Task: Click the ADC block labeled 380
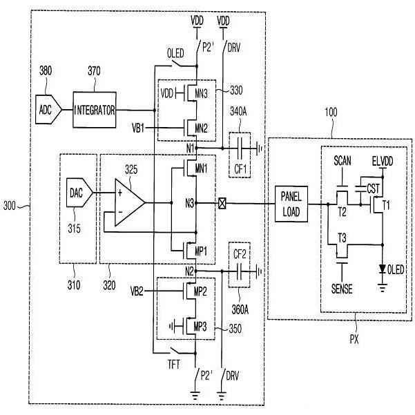coord(48,110)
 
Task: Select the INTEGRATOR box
coord(95,110)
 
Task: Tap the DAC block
coord(79,193)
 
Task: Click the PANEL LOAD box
coord(291,204)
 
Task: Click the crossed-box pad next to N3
coord(222,204)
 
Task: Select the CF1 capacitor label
coord(240,168)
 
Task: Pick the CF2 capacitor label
coord(240,254)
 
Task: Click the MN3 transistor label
coord(201,93)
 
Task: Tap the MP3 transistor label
coord(200,327)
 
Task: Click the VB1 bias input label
coord(138,128)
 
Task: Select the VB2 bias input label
coord(137,291)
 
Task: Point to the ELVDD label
coord(383,161)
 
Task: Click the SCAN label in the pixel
coord(342,161)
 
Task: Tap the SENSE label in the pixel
coord(342,289)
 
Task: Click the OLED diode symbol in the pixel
coord(382,269)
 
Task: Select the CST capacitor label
coord(373,189)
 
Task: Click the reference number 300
coord(10,205)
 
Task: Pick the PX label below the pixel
coord(354,339)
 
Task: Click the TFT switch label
coord(173,365)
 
